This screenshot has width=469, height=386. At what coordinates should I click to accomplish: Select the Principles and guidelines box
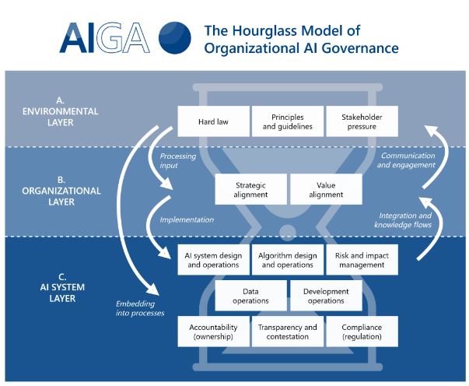pos(287,121)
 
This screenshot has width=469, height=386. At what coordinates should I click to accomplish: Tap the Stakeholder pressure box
pos(361,121)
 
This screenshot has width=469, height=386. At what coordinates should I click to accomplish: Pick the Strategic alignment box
pos(250,190)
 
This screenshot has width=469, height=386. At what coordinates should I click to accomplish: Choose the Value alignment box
pos(325,190)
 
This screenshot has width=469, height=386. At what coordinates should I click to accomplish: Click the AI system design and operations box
pos(214,260)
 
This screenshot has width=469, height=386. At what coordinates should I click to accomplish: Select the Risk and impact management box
pos(362,260)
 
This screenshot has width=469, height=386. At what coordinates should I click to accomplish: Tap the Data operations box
pos(250,296)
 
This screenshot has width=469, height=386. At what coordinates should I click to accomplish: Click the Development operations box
pos(325,296)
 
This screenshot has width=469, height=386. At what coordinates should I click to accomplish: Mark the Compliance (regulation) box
pos(362,332)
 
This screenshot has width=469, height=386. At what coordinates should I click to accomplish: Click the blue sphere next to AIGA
pos(174,36)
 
